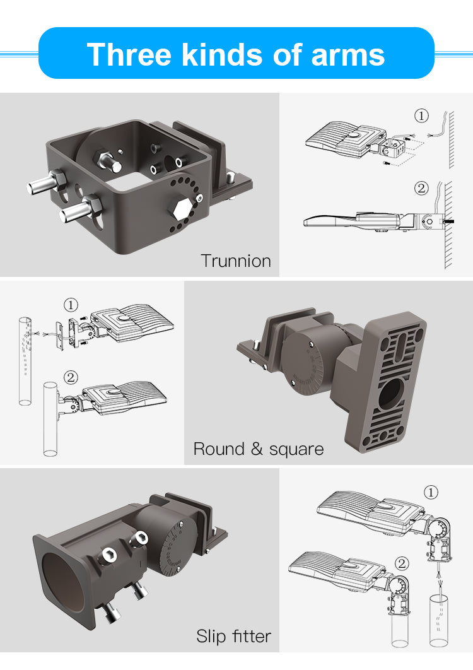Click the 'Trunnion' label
point(236,261)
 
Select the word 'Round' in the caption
point(219,449)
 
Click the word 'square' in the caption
point(296,450)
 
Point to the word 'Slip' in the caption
point(211,637)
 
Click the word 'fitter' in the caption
point(252,636)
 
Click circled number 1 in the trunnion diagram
point(421,116)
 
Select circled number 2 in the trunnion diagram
point(421,188)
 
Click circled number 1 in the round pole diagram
point(71,305)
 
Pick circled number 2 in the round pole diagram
point(71,377)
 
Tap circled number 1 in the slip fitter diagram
point(431,492)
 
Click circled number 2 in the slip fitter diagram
point(402,563)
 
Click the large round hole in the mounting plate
point(390,393)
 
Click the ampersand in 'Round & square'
point(257,449)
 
